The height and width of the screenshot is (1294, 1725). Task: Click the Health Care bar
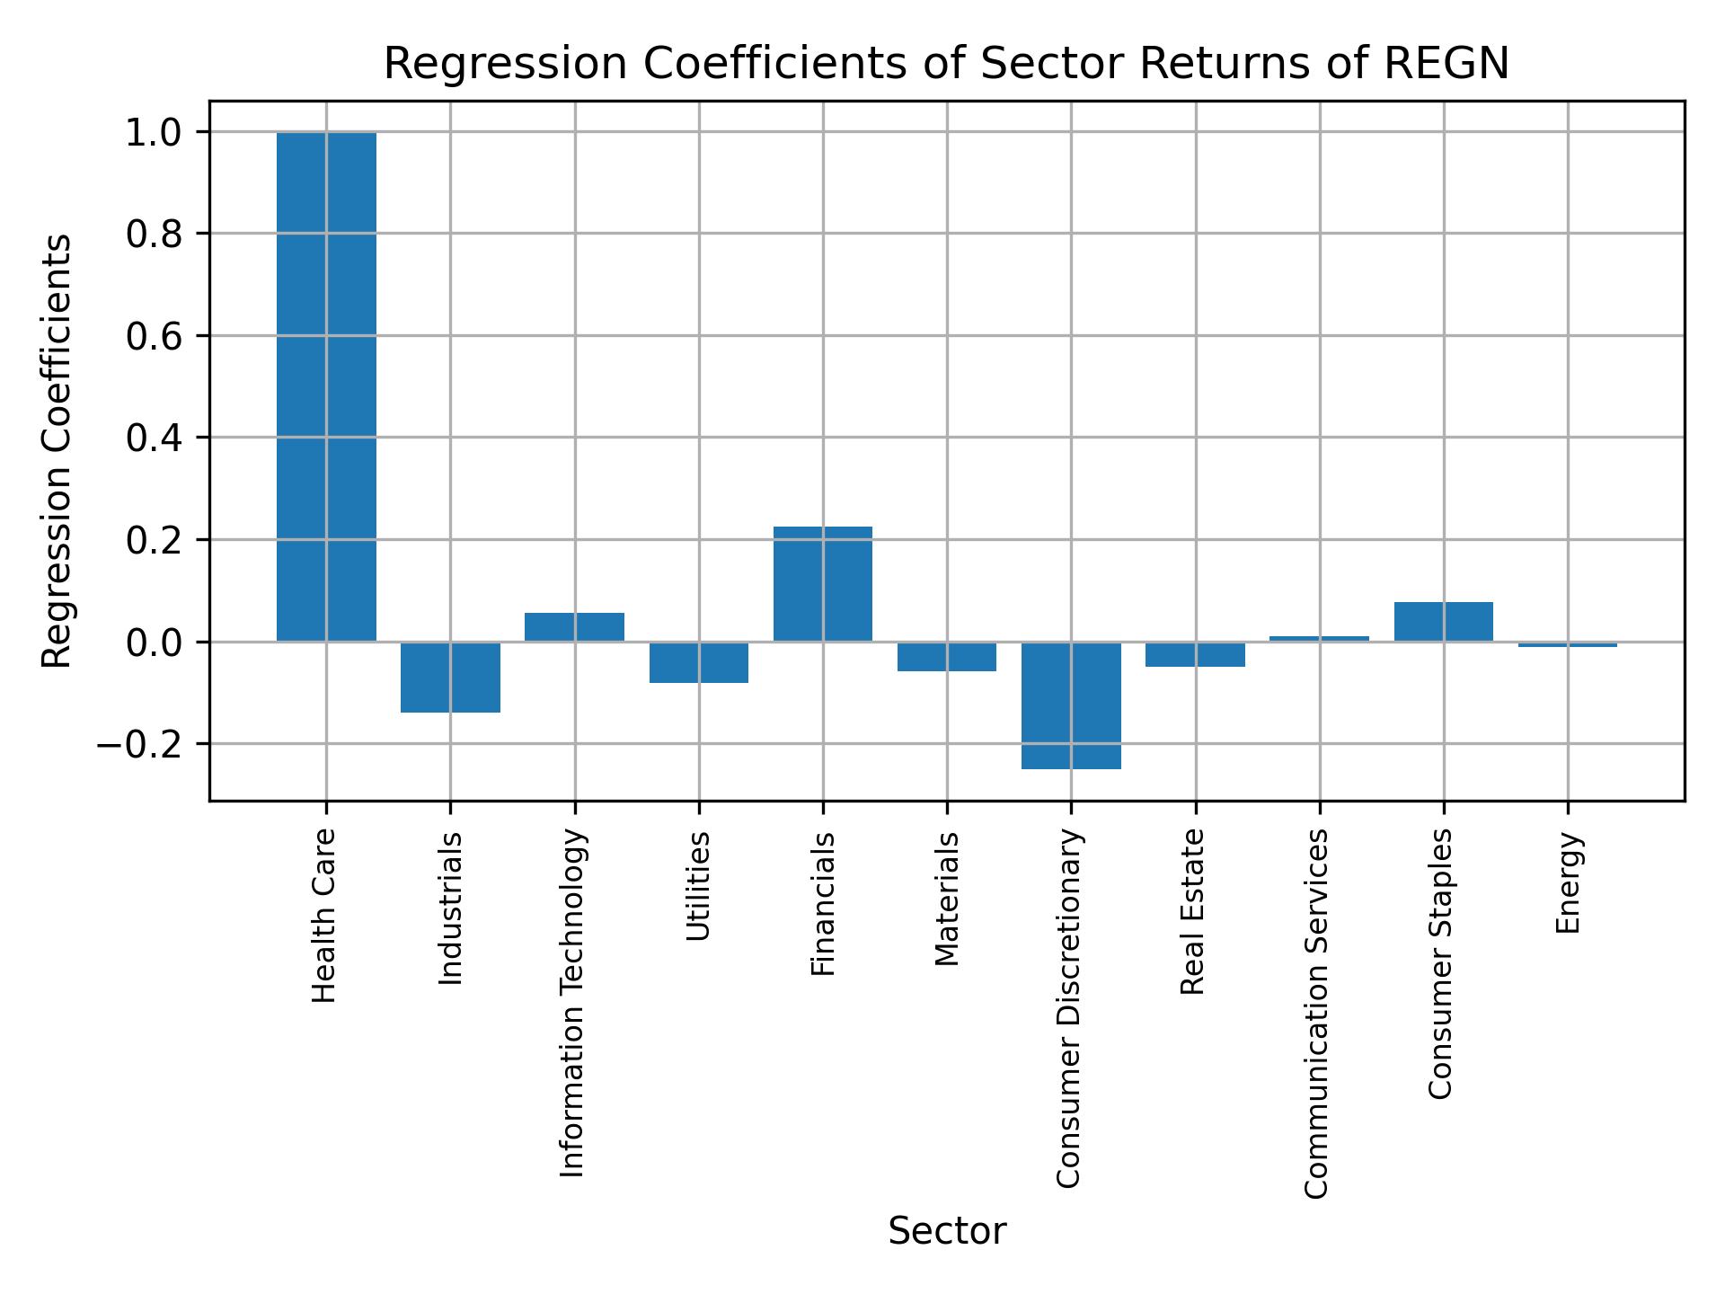point(326,386)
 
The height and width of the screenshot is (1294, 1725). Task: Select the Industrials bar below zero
point(450,677)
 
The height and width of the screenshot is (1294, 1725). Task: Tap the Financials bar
point(822,584)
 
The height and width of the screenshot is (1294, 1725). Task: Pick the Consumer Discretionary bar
point(1071,705)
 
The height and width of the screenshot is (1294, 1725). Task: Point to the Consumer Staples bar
point(1443,622)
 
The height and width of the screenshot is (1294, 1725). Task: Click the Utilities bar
point(698,662)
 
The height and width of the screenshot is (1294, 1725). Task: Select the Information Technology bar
point(574,627)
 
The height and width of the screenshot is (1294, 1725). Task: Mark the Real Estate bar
point(1195,654)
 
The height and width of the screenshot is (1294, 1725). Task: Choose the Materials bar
point(946,657)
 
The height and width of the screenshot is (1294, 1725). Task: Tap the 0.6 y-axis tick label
point(155,337)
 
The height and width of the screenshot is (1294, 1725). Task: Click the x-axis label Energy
point(1568,883)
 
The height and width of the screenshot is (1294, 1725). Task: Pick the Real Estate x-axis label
point(1192,912)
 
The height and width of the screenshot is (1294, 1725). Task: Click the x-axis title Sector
point(946,1231)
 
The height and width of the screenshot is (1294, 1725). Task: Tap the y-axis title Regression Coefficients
point(57,451)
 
